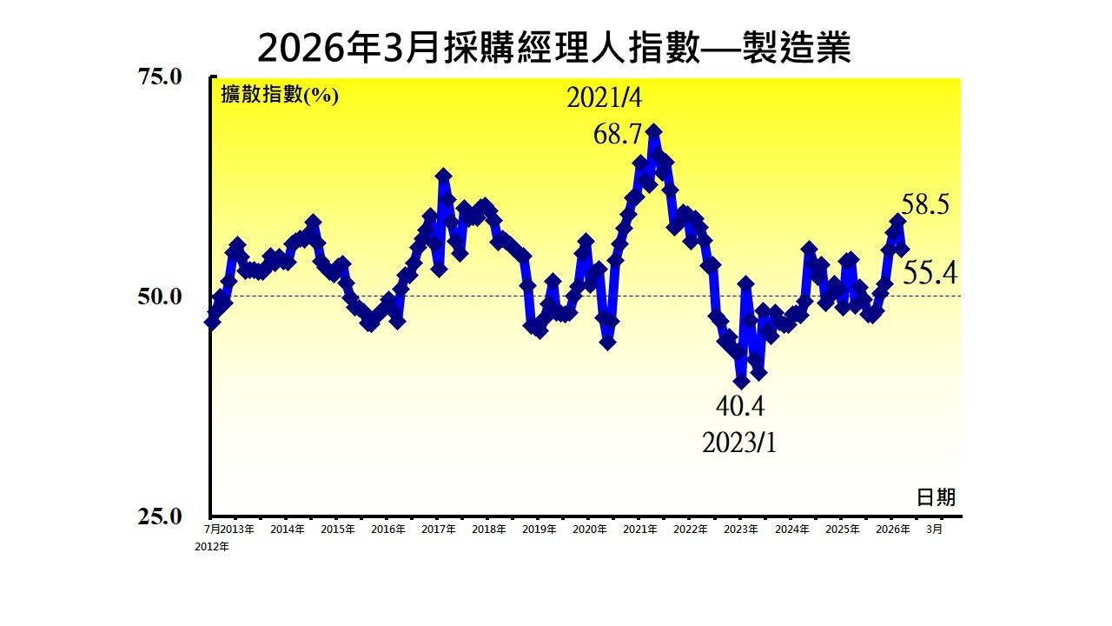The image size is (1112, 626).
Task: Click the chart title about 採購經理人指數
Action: pyautogui.click(x=554, y=49)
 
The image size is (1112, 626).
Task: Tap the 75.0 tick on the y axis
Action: pyautogui.click(x=161, y=77)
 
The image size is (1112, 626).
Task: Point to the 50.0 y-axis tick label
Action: pyautogui.click(x=161, y=296)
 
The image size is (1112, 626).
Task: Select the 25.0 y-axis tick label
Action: pyautogui.click(x=161, y=516)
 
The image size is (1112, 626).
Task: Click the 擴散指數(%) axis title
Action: pyautogui.click(x=279, y=95)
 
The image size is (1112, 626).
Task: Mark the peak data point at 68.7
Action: pyautogui.click(x=654, y=131)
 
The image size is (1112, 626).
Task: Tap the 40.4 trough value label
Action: pyautogui.click(x=739, y=406)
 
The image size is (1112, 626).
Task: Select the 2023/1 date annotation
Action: pyautogui.click(x=739, y=443)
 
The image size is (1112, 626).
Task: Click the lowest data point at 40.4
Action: pyautogui.click(x=741, y=381)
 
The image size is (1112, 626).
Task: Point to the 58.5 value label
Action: pyautogui.click(x=925, y=205)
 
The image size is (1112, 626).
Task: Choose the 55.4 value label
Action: pyautogui.click(x=930, y=275)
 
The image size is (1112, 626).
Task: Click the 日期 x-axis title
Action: pyautogui.click(x=936, y=496)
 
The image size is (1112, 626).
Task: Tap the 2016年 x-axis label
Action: pyautogui.click(x=388, y=529)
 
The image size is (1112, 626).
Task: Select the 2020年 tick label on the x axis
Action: pyautogui.click(x=590, y=529)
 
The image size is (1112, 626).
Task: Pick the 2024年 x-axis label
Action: pyautogui.click(x=791, y=529)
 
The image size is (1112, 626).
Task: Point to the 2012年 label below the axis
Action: pyautogui.click(x=212, y=547)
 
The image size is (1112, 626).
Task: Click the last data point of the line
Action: pyautogui.click(x=903, y=250)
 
